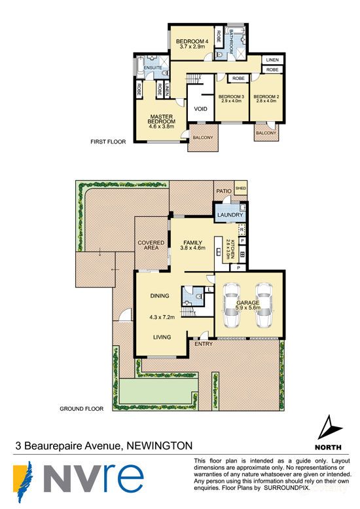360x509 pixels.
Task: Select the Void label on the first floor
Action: click(x=200, y=109)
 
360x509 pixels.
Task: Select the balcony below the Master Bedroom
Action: click(x=201, y=137)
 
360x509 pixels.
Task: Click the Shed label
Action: click(x=240, y=191)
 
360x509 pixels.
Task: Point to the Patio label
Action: click(x=223, y=191)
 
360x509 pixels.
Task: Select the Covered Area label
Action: click(x=151, y=246)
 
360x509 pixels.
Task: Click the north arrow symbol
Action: click(x=329, y=430)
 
